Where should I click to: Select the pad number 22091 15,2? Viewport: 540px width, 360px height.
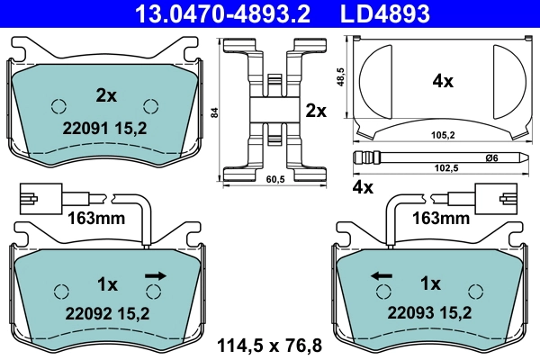click(x=105, y=128)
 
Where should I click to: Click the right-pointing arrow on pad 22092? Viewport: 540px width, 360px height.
click(x=156, y=274)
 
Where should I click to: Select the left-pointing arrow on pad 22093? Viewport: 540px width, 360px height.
click(x=380, y=274)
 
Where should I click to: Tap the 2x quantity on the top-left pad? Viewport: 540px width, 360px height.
click(x=106, y=94)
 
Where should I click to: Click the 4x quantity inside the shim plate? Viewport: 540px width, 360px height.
click(x=442, y=81)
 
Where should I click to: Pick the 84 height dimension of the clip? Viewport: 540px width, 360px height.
click(x=213, y=112)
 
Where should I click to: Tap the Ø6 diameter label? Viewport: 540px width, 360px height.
click(x=491, y=158)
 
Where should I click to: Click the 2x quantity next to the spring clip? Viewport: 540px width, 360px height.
click(x=315, y=111)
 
